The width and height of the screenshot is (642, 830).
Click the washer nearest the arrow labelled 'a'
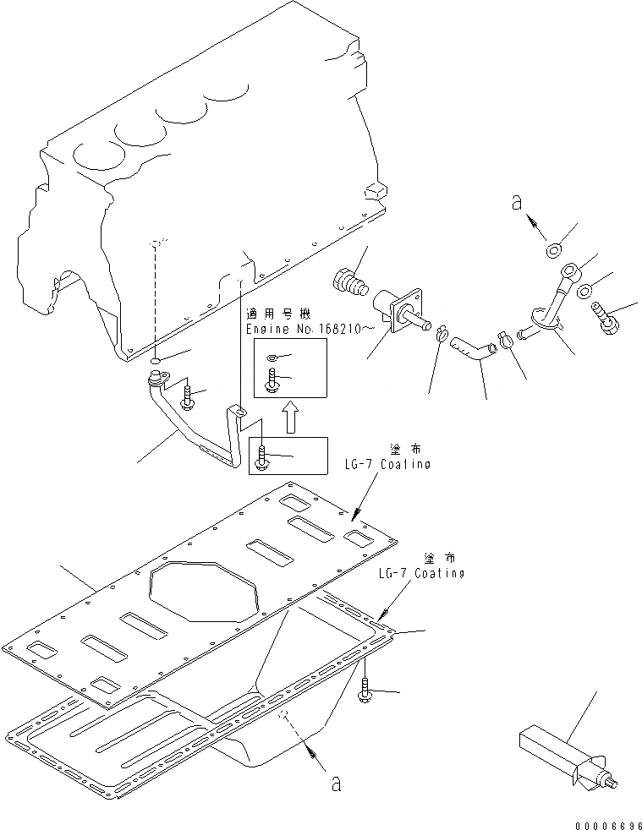[x=556, y=249]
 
